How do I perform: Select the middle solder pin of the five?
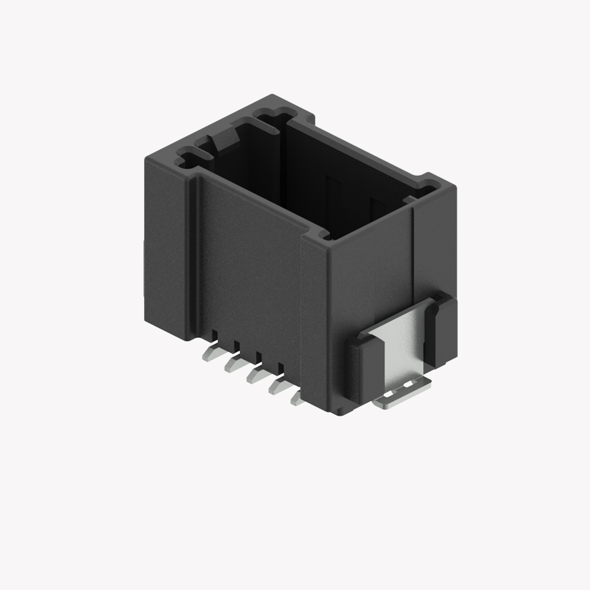pos(255,374)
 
